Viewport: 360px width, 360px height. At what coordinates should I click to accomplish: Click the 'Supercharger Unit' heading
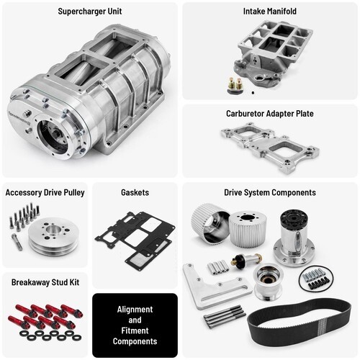pos(89,12)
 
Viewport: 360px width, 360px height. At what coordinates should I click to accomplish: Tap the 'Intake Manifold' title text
pos(269,12)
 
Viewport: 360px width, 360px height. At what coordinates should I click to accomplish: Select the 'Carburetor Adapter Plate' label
pos(269,114)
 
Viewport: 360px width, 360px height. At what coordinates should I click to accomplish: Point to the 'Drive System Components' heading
pos(269,192)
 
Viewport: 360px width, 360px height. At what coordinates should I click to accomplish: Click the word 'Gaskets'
pos(135,192)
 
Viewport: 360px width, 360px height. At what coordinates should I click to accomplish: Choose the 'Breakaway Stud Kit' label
pos(45,282)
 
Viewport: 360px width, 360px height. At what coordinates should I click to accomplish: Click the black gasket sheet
pos(135,238)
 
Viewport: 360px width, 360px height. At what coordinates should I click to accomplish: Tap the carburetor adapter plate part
pos(269,148)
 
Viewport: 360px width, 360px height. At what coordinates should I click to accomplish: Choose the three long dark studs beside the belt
pos(224,317)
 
